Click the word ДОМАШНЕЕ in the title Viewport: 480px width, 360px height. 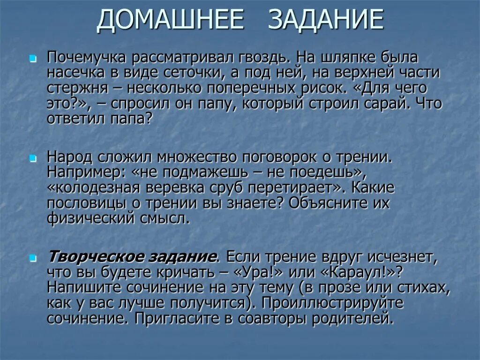(x=170, y=21)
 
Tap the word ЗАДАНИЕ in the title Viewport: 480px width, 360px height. (x=327, y=21)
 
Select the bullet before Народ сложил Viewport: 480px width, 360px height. (x=32, y=158)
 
